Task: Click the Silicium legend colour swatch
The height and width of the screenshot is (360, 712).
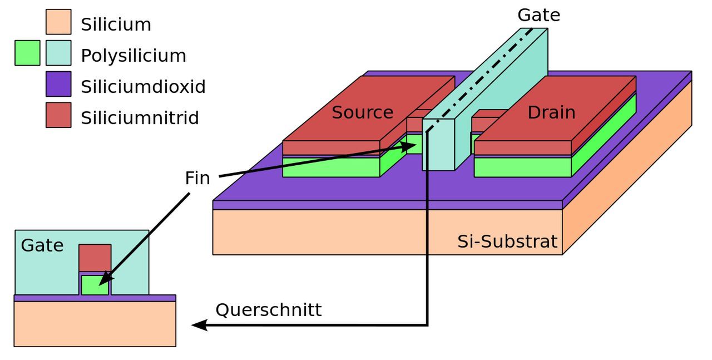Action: [58, 22]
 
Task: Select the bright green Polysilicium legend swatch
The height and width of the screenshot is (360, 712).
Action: [27, 53]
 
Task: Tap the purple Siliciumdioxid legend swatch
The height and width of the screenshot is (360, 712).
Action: [58, 84]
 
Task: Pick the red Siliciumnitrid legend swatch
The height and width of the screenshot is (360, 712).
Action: [58, 115]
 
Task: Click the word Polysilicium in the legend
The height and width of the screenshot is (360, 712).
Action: [133, 56]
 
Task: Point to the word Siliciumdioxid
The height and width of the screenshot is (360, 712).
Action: [144, 86]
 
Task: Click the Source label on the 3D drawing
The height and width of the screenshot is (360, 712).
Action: [362, 112]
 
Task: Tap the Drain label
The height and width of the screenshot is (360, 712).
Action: [551, 112]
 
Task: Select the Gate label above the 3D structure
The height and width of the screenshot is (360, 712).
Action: [539, 15]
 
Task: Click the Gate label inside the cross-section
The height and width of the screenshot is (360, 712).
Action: [42, 245]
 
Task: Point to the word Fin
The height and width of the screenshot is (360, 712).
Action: [197, 177]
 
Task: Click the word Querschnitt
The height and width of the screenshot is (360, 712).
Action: [269, 309]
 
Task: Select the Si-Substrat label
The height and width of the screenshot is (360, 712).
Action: [507, 241]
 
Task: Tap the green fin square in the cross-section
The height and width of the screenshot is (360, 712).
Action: [95, 285]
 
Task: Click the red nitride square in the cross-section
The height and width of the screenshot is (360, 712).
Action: [95, 258]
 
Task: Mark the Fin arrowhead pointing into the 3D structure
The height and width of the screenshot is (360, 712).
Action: [408, 146]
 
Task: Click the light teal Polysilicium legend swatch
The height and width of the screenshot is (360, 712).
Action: [58, 53]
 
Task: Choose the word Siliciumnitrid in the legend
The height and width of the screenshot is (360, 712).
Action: [140, 117]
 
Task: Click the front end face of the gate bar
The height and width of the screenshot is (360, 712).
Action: [438, 145]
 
